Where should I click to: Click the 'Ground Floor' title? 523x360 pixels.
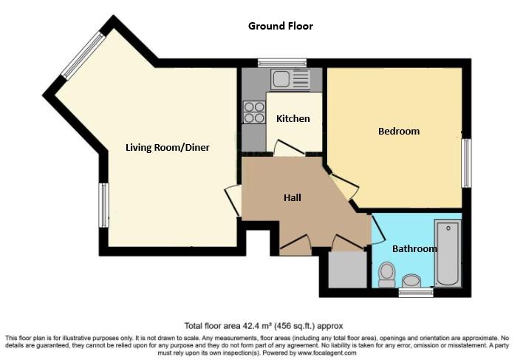click(280, 26)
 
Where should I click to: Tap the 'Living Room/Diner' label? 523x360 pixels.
click(167, 147)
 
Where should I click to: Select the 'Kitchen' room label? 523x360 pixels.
click(293, 118)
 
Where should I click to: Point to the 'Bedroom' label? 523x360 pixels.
click(398, 131)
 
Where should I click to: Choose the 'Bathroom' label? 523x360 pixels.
click(414, 248)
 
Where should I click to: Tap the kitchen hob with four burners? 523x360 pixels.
click(254, 112)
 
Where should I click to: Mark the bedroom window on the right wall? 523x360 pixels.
click(465, 163)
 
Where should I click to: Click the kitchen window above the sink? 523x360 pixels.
click(287, 63)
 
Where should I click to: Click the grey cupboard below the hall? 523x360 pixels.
click(346, 270)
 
